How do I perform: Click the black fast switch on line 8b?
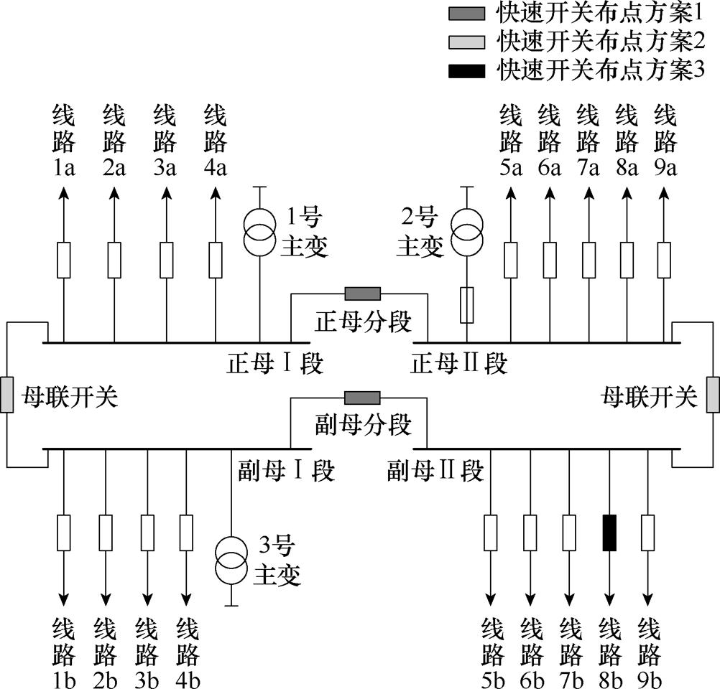pyautogui.click(x=609, y=533)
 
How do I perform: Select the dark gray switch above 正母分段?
pyautogui.click(x=363, y=293)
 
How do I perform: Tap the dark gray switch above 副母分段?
pyautogui.click(x=363, y=398)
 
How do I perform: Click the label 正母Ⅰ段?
pyautogui.click(x=275, y=363)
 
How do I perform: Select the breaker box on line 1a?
pyautogui.click(x=64, y=260)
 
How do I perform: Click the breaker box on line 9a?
pyautogui.click(x=665, y=260)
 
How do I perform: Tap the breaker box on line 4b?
pyautogui.click(x=187, y=533)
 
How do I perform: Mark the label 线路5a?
pyautogui.click(x=511, y=139)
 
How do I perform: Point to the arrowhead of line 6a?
pyautogui.click(x=550, y=192)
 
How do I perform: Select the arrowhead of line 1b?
pyautogui.click(x=64, y=599)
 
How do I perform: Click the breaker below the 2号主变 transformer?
pyautogui.click(x=467, y=304)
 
